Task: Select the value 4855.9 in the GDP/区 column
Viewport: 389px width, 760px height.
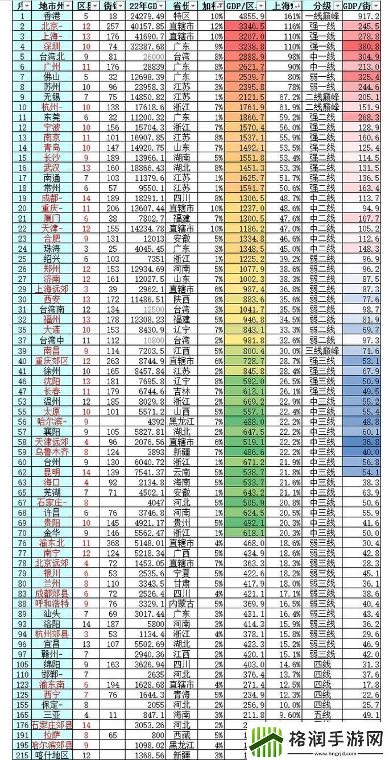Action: pos(245,16)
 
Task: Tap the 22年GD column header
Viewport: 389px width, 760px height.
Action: pos(146,6)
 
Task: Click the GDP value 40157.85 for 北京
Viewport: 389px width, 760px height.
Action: pos(146,27)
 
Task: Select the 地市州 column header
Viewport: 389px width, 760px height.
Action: pos(50,6)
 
